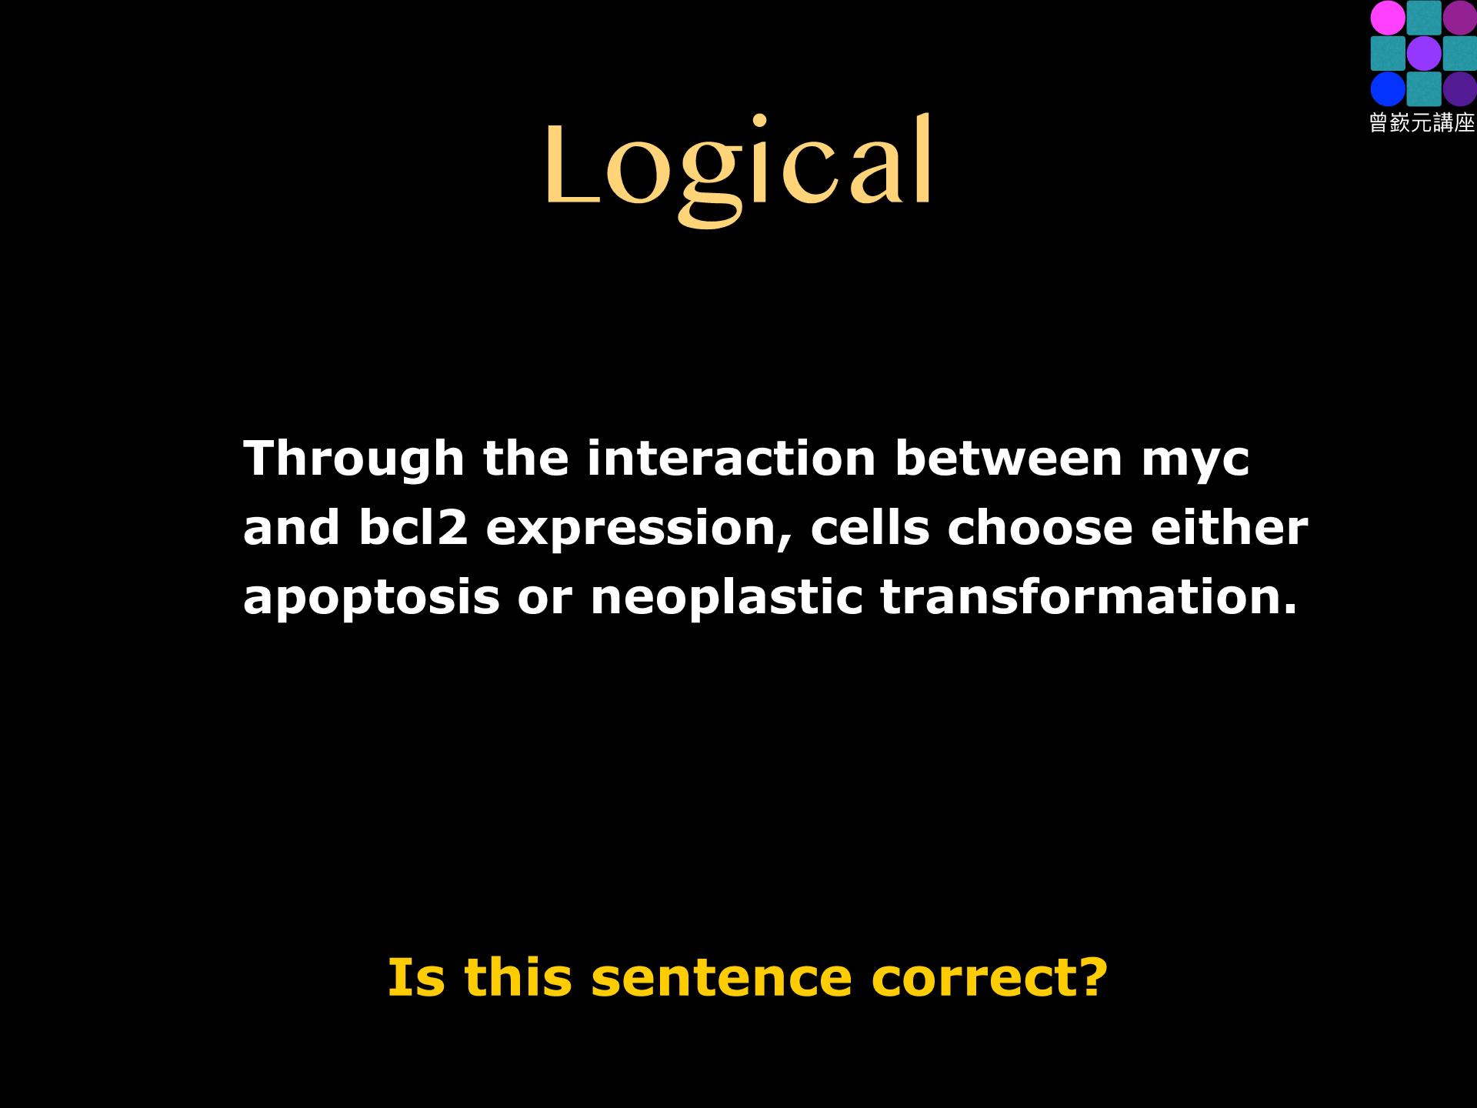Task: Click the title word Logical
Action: [x=738, y=169]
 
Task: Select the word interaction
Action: [x=732, y=459]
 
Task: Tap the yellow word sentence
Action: [x=722, y=977]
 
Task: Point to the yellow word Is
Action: [x=416, y=977]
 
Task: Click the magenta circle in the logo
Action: [x=1388, y=18]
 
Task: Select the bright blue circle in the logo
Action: [x=1388, y=88]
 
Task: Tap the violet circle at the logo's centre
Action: [x=1423, y=53]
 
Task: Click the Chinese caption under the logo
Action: [x=1422, y=122]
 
